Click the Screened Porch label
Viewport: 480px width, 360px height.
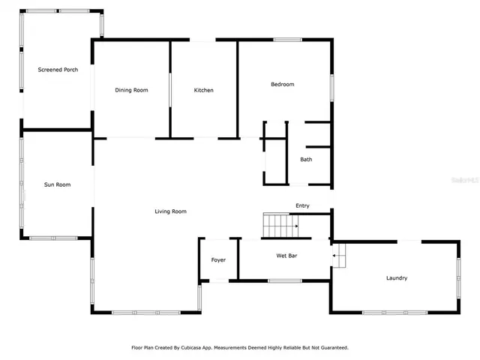58,70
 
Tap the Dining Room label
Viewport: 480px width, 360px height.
131,90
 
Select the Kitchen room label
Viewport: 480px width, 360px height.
203,90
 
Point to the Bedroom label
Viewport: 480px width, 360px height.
282,84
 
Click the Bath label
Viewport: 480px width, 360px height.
306,159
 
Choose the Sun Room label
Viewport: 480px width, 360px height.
57,184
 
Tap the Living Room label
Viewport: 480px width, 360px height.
170,211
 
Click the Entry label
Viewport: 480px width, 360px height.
302,205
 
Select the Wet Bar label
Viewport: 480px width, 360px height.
286,256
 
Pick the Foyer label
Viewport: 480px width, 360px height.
218,260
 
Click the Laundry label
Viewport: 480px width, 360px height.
397,278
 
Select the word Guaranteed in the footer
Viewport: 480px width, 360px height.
331,347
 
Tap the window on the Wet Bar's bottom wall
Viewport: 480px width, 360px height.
285,280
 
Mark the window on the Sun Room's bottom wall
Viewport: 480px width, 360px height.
53,238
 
